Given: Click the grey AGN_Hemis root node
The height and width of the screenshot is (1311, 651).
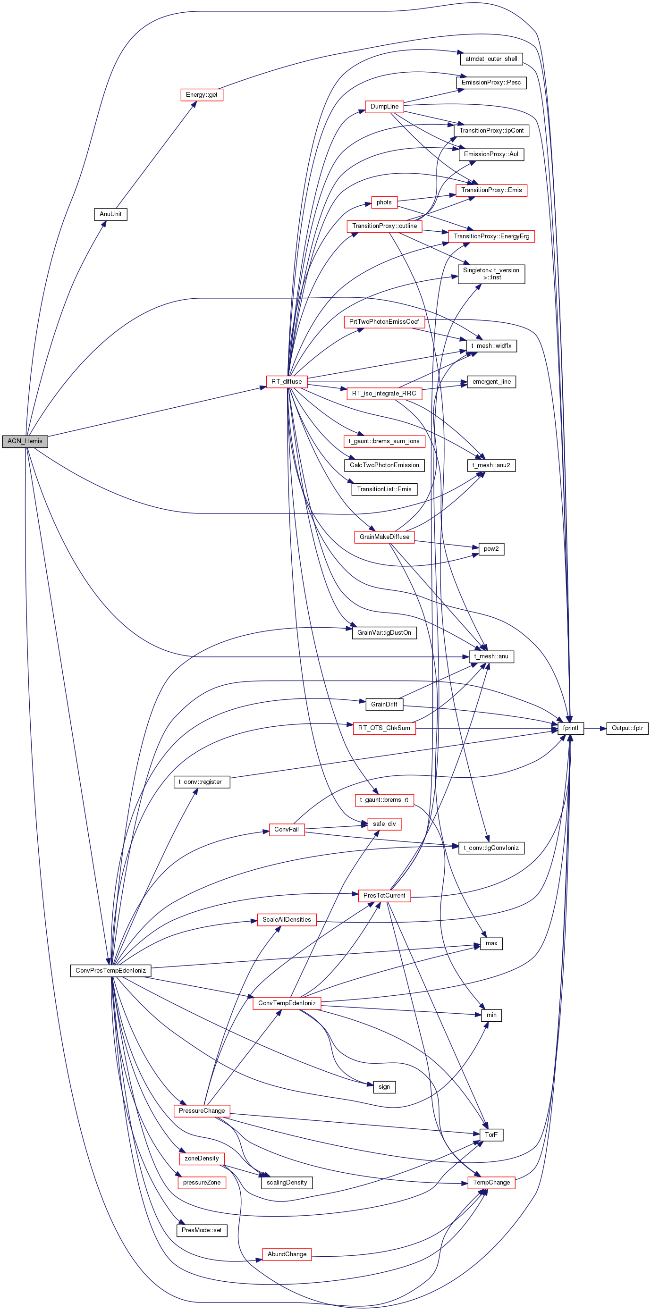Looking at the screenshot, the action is coord(25,441).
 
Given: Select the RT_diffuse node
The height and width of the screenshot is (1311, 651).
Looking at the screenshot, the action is coord(287,381).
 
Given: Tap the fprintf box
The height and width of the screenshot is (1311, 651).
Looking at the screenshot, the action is coord(571,728).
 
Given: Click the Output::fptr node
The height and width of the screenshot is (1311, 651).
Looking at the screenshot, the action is coord(627,728).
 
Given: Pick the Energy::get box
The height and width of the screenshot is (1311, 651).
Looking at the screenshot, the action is coord(202,95).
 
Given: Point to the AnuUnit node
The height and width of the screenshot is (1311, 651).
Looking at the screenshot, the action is coord(110,214).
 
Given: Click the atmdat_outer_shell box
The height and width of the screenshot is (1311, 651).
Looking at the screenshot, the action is coord(491,59).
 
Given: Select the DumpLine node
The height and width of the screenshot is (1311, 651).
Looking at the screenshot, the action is coord(384,106).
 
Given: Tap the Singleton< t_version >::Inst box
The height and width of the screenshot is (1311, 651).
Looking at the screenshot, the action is coord(491,274).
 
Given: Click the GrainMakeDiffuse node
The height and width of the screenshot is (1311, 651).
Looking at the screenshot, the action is coord(384,537).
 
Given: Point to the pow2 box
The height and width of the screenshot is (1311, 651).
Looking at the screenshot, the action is coord(491,549).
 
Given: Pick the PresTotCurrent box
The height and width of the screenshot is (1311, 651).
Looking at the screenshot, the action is coord(384,895).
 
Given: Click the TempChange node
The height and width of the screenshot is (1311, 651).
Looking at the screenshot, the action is coord(491,1182).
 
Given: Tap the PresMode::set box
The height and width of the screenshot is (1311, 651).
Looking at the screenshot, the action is coord(202,1230).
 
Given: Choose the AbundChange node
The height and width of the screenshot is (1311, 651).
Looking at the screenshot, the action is coord(287,1254).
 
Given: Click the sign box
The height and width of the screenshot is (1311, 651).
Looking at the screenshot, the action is coord(384,1086).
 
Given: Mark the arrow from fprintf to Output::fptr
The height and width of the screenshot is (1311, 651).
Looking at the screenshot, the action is coord(595,728).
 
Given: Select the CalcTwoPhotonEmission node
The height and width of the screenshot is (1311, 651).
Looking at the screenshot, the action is coord(384,465).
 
